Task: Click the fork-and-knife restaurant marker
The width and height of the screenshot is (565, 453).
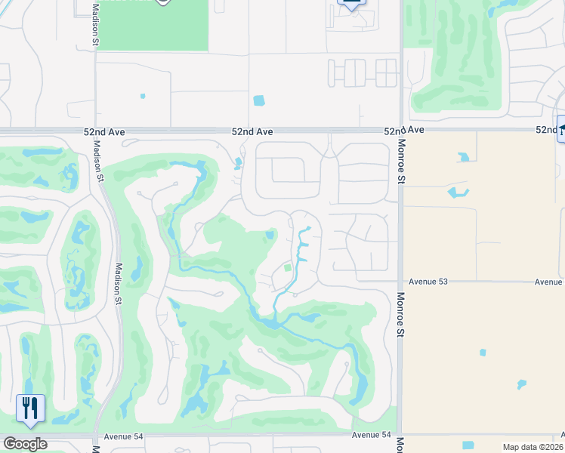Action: click(x=30, y=408)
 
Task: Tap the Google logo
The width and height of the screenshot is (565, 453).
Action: click(x=24, y=444)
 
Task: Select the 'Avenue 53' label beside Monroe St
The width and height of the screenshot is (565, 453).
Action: click(x=428, y=282)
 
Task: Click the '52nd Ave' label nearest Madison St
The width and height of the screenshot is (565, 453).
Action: click(x=104, y=131)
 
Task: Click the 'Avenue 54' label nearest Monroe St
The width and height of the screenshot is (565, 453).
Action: click(x=372, y=435)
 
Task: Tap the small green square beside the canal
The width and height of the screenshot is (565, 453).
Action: click(x=287, y=267)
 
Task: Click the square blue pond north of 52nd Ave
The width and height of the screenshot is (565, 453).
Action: click(x=259, y=100)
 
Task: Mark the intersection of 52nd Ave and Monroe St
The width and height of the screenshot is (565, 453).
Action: click(x=400, y=131)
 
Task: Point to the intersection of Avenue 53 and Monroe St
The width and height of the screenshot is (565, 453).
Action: click(x=400, y=282)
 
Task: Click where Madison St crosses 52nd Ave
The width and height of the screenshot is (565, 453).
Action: click(x=95, y=131)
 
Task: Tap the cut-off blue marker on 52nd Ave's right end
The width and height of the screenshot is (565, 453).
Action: click(x=560, y=128)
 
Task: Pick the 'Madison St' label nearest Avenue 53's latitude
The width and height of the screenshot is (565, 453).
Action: click(x=119, y=283)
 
